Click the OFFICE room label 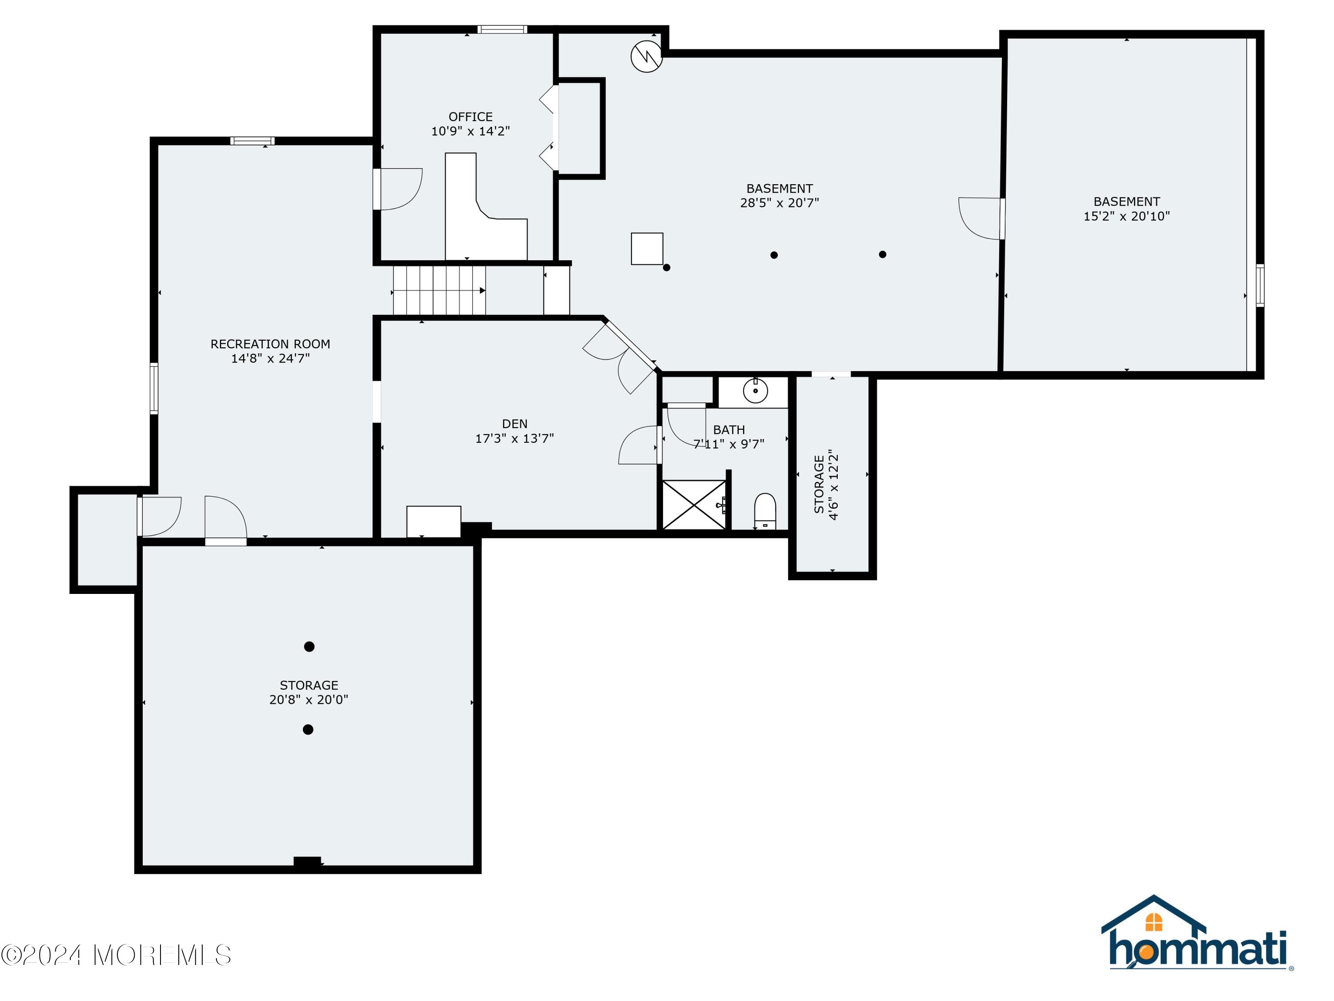(x=470, y=117)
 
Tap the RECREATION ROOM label (x=270, y=344)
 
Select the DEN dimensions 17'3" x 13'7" (x=514, y=439)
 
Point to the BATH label (x=728, y=430)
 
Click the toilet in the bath (x=765, y=510)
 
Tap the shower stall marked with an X (x=694, y=505)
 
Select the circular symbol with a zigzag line (x=647, y=57)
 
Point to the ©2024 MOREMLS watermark (x=116, y=955)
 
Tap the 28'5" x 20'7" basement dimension (x=779, y=203)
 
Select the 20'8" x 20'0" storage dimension (x=309, y=700)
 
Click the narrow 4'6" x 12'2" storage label (x=826, y=484)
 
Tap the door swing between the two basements (x=980, y=218)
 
